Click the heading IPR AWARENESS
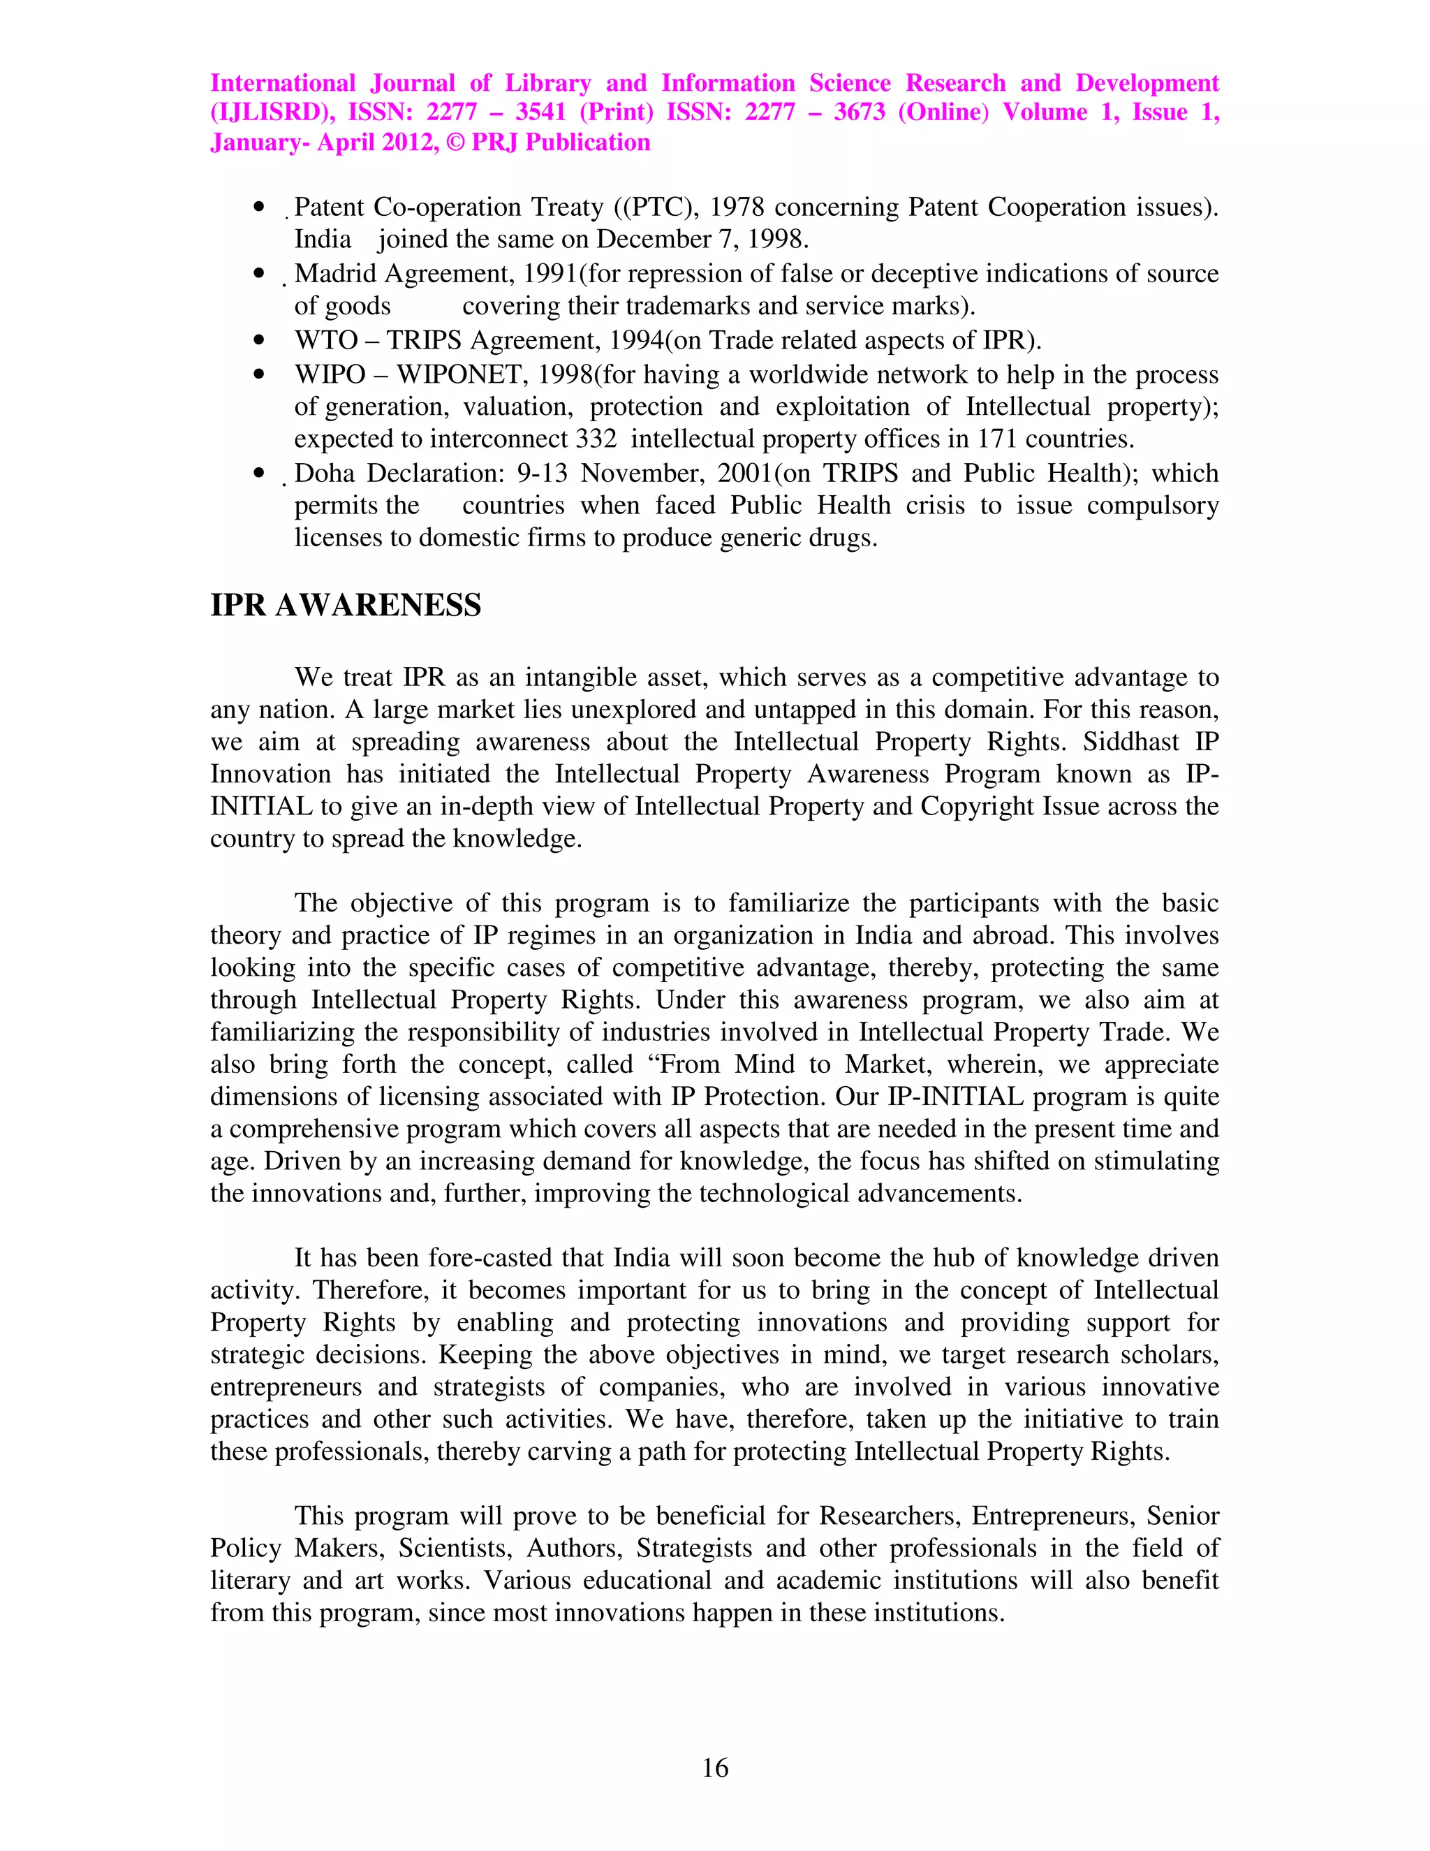click(346, 605)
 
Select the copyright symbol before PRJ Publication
click(455, 142)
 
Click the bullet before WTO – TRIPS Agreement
click(259, 341)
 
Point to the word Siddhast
click(1131, 742)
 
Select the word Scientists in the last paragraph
click(455, 1548)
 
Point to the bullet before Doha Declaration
click(259, 473)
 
